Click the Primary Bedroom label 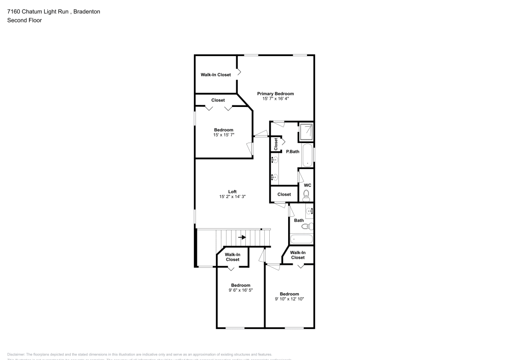pyautogui.click(x=275, y=94)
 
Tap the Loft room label pyautogui.click(x=232, y=191)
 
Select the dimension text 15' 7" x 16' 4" pyautogui.click(x=275, y=99)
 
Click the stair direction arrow pyautogui.click(x=242, y=237)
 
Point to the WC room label pyautogui.click(x=307, y=185)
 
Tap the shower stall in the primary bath pyautogui.click(x=306, y=132)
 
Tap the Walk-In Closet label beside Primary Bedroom pyautogui.click(x=215, y=75)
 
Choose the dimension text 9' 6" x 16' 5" pyautogui.click(x=241, y=290)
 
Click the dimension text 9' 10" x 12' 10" pyautogui.click(x=289, y=299)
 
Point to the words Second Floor pyautogui.click(x=24, y=20)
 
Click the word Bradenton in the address pyautogui.click(x=86, y=12)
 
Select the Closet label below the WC pyautogui.click(x=284, y=194)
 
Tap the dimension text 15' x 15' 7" pyautogui.click(x=223, y=135)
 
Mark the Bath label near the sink pyautogui.click(x=299, y=220)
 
